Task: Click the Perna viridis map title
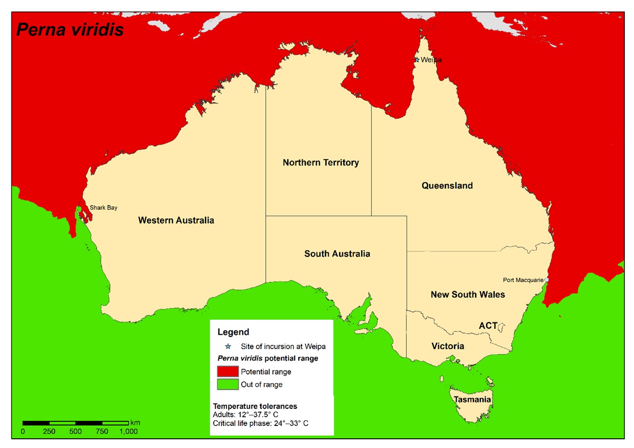[x=70, y=30]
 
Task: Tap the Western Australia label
[x=176, y=220]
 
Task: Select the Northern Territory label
[x=320, y=162]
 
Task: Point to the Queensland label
[x=447, y=186]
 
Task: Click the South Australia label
[x=337, y=254]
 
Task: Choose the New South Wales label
[x=468, y=295]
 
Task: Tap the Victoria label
[x=447, y=346]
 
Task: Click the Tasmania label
[x=472, y=399]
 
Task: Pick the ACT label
[x=488, y=325]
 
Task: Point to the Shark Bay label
[x=103, y=208]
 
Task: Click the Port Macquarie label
[x=523, y=280]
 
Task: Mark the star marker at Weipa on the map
[x=417, y=60]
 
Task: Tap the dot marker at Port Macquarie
[x=546, y=279]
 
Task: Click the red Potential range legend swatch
[x=228, y=371]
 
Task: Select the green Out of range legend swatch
[x=228, y=384]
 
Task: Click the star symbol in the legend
[x=228, y=346]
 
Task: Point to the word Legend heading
[x=233, y=332]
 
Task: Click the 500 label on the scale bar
[x=75, y=431]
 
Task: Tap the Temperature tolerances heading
[x=255, y=406]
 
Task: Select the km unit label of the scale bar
[x=135, y=423]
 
